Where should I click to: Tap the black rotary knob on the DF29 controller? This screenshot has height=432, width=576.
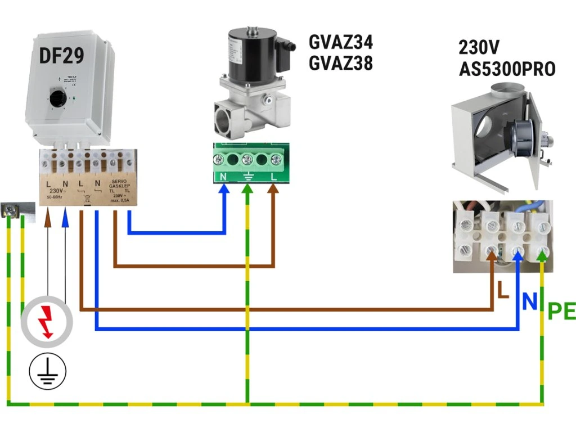click(x=57, y=99)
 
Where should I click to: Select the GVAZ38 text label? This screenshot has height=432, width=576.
click(x=340, y=64)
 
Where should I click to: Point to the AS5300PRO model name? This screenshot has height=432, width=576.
click(x=507, y=69)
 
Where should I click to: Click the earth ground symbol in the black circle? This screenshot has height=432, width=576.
click(x=47, y=371)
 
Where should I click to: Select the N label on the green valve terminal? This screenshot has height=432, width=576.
click(x=224, y=177)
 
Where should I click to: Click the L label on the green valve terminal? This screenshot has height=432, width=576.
click(x=274, y=177)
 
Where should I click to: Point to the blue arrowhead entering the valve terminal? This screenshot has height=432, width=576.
click(x=224, y=190)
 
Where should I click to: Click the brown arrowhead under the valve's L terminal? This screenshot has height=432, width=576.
click(x=273, y=190)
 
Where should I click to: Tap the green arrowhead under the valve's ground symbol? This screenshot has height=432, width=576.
click(x=247, y=190)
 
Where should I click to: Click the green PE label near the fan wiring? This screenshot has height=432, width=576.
click(x=561, y=311)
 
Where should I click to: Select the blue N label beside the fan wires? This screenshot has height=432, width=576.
click(x=529, y=301)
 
